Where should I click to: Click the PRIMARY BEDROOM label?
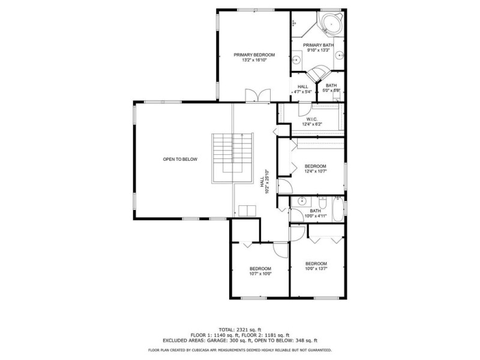coord(254,55)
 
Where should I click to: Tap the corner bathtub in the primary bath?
coord(331,23)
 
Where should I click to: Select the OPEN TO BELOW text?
coord(180,160)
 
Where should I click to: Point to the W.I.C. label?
coord(312,119)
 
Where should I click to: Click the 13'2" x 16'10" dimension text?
coord(254,61)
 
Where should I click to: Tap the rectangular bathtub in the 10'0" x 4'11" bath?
coord(338,209)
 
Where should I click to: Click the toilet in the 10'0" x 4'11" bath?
coord(323,202)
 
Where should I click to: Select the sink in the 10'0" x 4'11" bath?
coord(302,202)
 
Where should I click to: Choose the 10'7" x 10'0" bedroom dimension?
coord(260,274)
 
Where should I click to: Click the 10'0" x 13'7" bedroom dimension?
coord(316,269)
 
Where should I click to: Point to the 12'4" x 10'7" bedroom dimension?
coord(316,172)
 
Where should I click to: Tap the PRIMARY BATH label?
coord(319,46)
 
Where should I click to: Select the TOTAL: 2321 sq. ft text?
coord(239,329)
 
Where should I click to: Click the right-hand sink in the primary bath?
coord(340,55)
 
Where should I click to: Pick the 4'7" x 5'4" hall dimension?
coord(303,92)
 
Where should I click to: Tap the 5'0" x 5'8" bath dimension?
coord(331,91)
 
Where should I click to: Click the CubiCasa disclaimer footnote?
coord(239,350)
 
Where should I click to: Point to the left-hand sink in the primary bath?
coord(296,61)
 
